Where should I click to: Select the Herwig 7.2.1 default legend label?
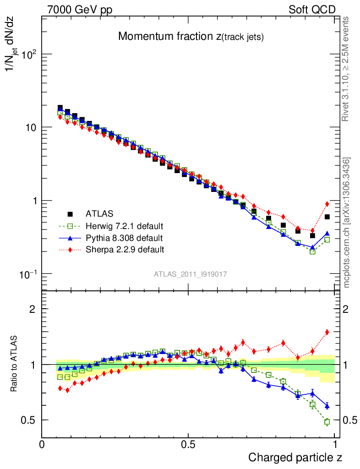point(125,226)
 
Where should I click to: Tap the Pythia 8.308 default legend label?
point(124,238)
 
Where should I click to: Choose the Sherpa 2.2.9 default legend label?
point(125,250)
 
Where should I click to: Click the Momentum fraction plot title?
point(191,37)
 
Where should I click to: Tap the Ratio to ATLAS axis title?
point(15,364)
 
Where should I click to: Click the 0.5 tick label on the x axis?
point(188,445)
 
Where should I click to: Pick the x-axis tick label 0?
point(42,445)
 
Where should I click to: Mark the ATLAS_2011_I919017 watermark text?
point(191,274)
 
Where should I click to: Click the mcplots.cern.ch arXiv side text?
point(347,223)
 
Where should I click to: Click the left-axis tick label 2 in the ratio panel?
point(33,309)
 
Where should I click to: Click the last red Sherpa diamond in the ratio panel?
point(327,333)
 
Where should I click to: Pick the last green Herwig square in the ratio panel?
point(327,422)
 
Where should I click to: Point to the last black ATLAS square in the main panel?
point(327,217)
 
